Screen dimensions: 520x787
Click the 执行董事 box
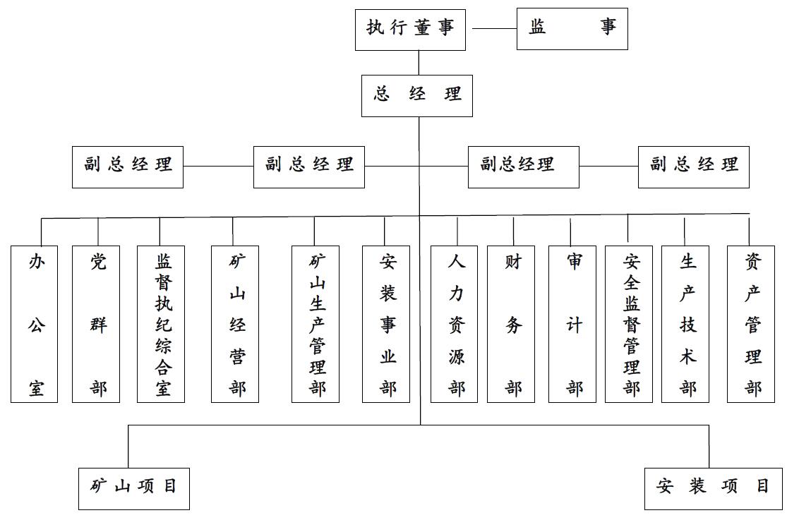pos(410,29)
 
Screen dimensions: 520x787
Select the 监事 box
pos(572,29)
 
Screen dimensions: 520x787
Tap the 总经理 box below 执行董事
pos(416,95)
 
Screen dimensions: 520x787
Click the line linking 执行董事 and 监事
pos(491,29)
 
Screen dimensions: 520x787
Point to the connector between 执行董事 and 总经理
pos(419,63)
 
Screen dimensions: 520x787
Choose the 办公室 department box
pos(35,324)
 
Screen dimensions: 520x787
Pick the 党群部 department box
pos(96,324)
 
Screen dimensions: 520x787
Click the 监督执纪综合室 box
pos(161,324)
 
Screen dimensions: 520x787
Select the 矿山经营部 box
pos(235,324)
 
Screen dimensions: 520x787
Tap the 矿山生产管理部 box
pos(316,324)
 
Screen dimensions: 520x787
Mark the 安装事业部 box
pos(386,324)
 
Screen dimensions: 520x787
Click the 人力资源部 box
pos(454,324)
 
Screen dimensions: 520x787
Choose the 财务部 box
pos(511,324)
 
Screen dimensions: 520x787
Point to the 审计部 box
pos(572,324)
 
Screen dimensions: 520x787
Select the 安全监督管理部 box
pos(629,324)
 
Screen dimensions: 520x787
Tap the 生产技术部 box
pos(685,324)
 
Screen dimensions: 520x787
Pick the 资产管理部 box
pos(751,324)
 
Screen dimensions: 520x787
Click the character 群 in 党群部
pos(97,325)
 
